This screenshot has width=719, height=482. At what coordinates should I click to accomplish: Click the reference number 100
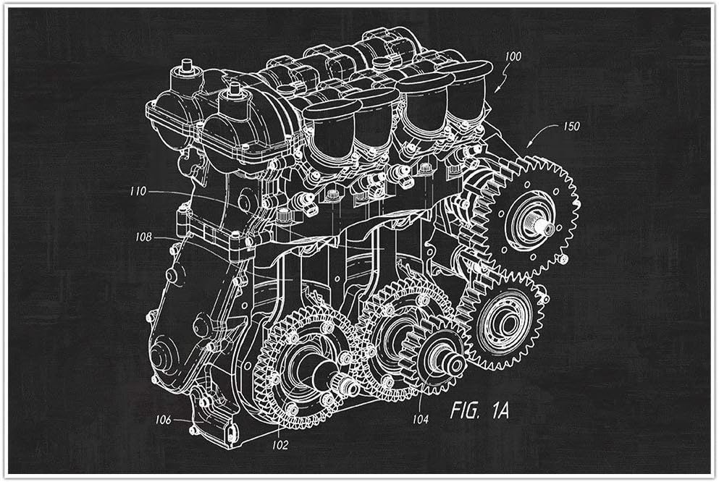click(512, 55)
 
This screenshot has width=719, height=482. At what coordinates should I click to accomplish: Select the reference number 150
click(571, 126)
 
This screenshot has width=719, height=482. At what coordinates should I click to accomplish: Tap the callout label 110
click(138, 192)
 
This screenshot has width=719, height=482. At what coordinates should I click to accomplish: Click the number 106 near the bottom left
click(162, 419)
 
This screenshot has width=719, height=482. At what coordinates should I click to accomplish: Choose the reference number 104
click(421, 419)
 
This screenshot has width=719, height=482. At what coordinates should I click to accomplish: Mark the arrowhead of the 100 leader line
click(497, 90)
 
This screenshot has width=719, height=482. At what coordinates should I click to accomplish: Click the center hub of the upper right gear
click(541, 227)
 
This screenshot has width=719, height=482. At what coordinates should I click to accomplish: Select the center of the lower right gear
click(504, 319)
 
